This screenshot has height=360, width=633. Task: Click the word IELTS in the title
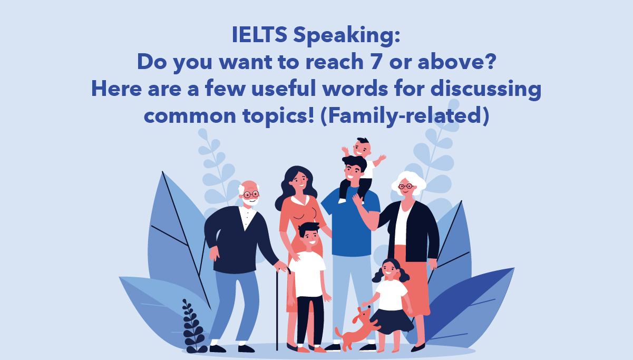coord(259,34)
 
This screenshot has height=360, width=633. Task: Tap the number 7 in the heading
coord(376,62)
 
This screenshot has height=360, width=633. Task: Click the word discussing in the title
coord(486,90)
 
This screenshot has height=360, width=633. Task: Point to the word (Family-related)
coord(405,116)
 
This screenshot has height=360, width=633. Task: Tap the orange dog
coord(357,328)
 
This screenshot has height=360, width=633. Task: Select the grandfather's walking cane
coord(280,308)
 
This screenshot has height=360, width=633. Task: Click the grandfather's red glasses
coord(251,194)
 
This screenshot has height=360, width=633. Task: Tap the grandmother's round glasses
coord(406,186)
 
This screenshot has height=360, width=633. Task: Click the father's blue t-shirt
coord(350,223)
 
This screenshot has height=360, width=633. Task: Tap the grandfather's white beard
coord(250,201)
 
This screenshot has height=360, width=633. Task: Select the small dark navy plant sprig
coord(193,326)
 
